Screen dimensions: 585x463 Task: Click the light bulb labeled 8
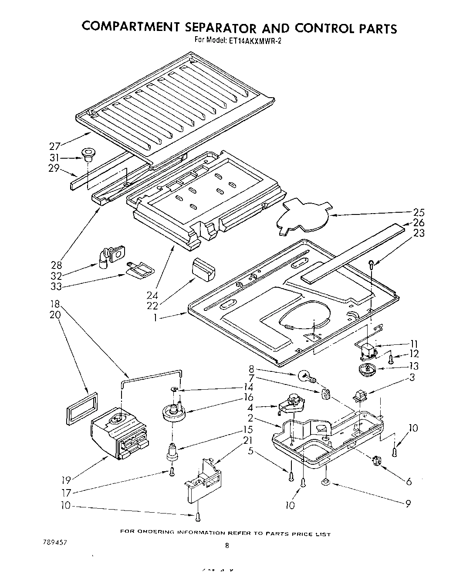click(305, 375)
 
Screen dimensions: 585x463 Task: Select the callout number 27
click(54, 146)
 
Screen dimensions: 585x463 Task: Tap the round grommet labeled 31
click(88, 154)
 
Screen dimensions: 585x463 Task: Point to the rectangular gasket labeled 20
click(81, 408)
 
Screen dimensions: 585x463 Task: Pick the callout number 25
click(419, 213)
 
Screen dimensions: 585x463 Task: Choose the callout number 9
click(408, 504)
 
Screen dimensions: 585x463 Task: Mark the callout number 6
click(408, 481)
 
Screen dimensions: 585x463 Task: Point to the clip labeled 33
click(139, 270)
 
